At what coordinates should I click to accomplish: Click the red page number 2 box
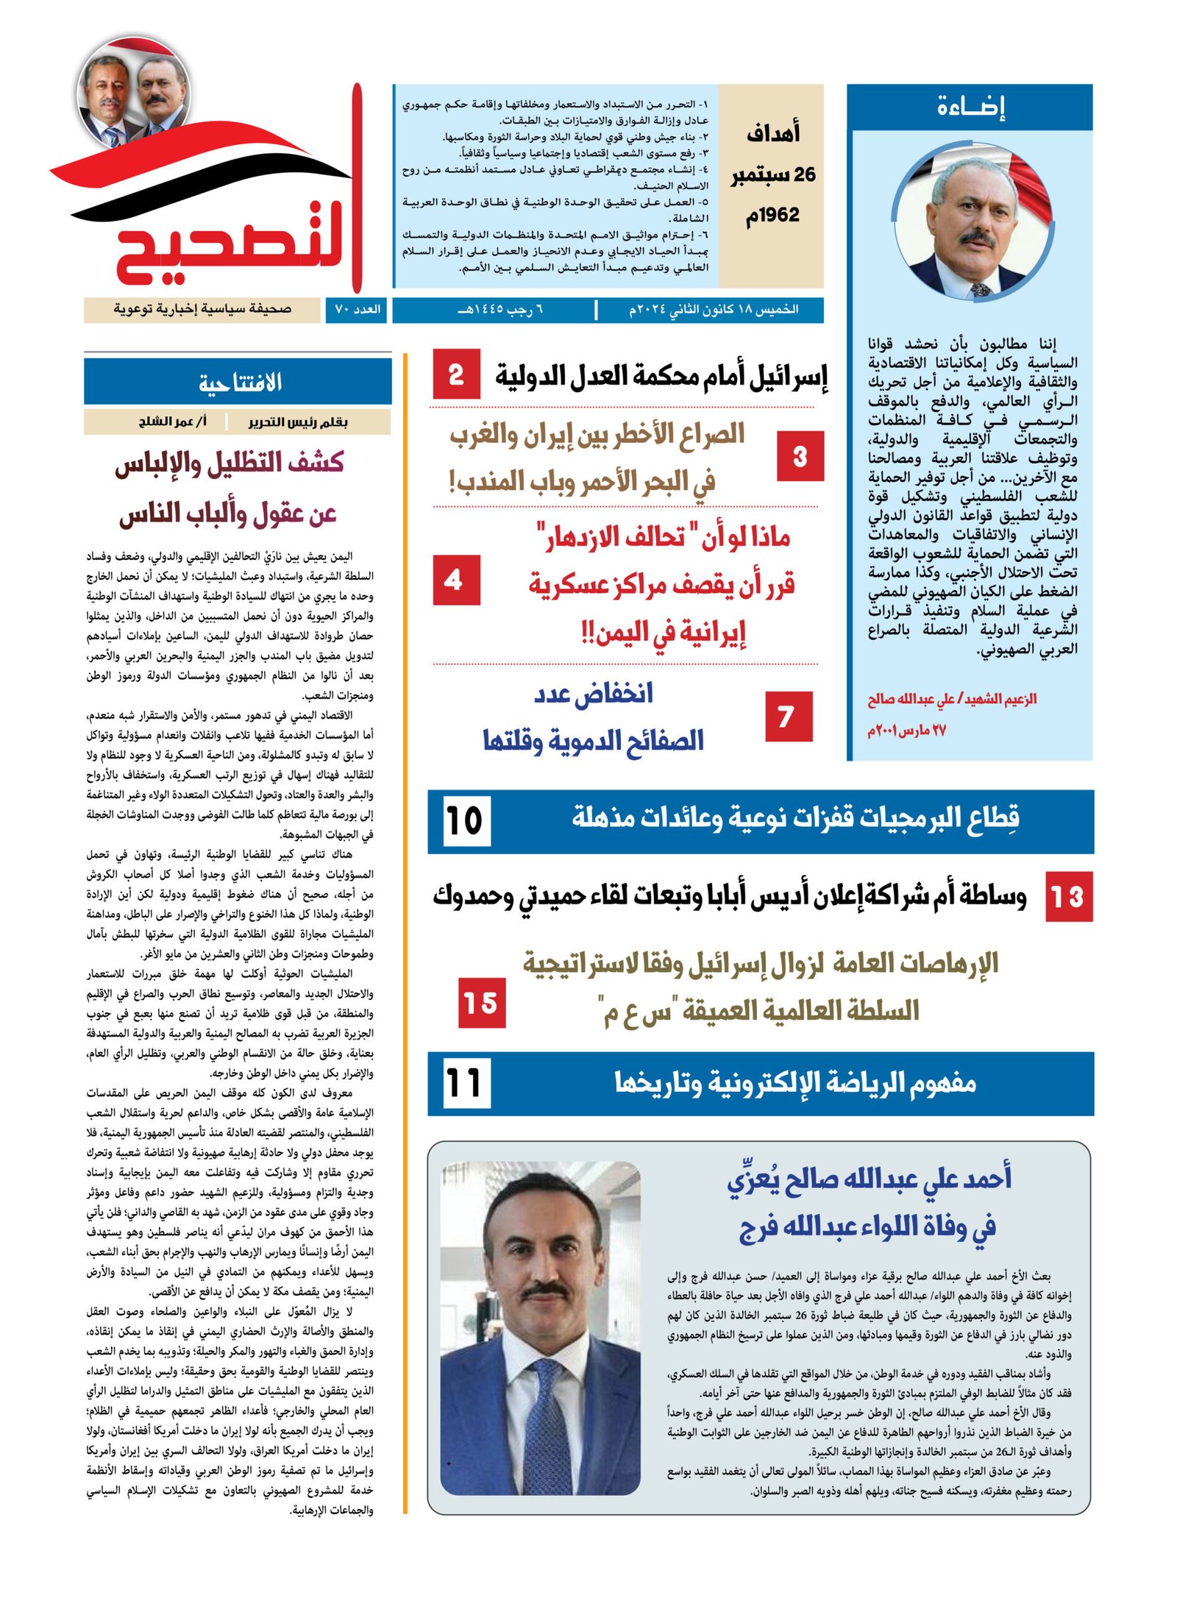pyautogui.click(x=456, y=374)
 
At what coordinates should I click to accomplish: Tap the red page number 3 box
pyautogui.click(x=800, y=456)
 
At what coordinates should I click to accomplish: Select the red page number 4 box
pyautogui.click(x=456, y=580)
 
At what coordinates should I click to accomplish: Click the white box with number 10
pyautogui.click(x=465, y=821)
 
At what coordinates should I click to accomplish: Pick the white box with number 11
pyautogui.click(x=465, y=1083)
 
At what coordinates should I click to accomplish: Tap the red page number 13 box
pyautogui.click(x=1068, y=897)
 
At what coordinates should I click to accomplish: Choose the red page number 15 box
pyautogui.click(x=481, y=1003)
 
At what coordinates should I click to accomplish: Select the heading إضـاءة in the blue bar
pyautogui.click(x=970, y=107)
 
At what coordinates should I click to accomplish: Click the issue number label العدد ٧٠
pyautogui.click(x=358, y=310)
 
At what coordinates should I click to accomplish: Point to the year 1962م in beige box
pyautogui.click(x=772, y=216)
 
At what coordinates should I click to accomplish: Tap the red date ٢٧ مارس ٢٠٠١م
pyautogui.click(x=906, y=731)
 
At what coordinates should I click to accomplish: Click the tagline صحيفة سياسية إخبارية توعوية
pyautogui.click(x=202, y=310)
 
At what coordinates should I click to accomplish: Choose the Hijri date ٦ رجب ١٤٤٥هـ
pyautogui.click(x=500, y=310)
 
